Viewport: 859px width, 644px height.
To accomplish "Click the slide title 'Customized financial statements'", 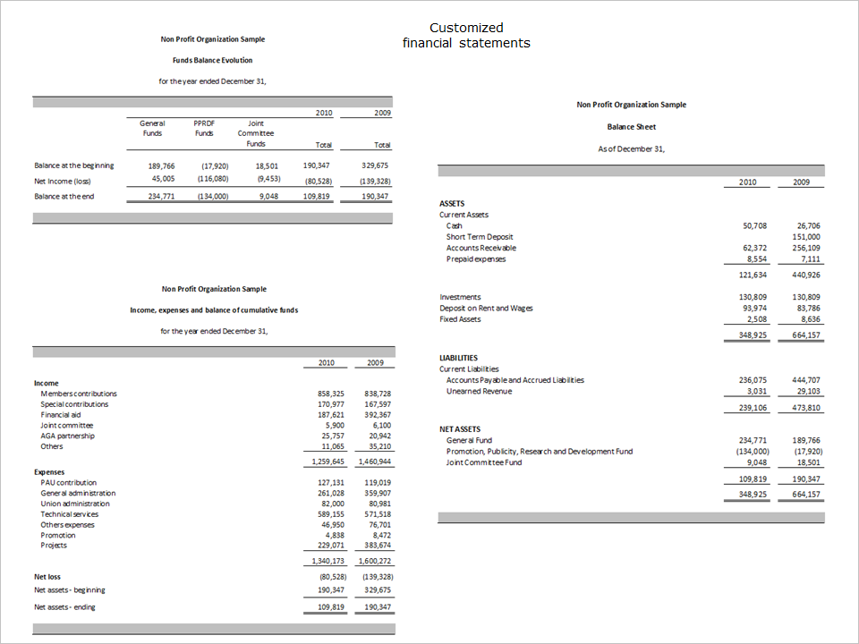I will pyautogui.click(x=466, y=35).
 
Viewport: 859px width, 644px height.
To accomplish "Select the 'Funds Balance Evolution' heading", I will pyautogui.click(x=212, y=60).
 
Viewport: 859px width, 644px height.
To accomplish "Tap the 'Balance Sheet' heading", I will pyautogui.click(x=631, y=127).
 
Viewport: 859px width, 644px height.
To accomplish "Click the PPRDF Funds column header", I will pyautogui.click(x=204, y=128).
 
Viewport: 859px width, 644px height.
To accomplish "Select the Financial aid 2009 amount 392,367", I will pyautogui.click(x=378, y=415).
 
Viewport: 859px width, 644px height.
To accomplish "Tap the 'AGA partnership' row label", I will pyautogui.click(x=67, y=436).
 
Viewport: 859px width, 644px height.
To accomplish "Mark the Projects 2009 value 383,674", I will pyautogui.click(x=378, y=546).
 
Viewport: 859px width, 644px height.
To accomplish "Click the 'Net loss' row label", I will pyautogui.click(x=47, y=577).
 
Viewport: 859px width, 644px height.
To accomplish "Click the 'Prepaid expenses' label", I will pyautogui.click(x=475, y=259).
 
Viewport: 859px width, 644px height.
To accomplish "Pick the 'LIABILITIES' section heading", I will pyautogui.click(x=458, y=358).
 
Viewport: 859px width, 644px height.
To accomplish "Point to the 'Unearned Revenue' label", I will pyautogui.click(x=479, y=391).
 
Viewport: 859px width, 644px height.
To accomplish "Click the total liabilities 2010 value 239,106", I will pyautogui.click(x=753, y=408).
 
